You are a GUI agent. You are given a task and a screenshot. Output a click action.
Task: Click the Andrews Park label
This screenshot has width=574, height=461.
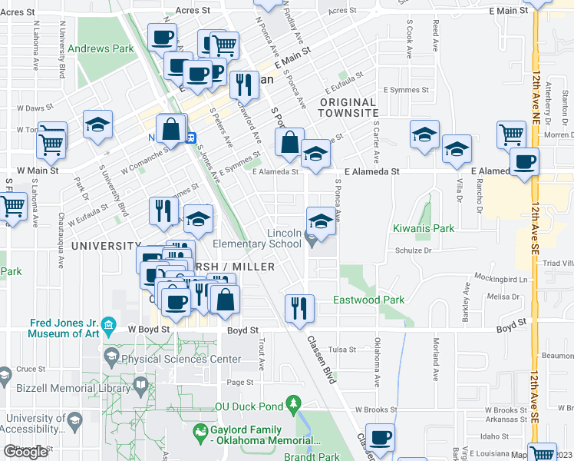[101, 48]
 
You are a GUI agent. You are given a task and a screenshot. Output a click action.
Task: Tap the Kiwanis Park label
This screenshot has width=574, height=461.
[424, 228]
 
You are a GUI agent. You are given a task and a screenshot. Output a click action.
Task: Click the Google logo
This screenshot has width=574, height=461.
[25, 452]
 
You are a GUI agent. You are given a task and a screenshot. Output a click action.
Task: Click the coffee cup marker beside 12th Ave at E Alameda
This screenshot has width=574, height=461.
[524, 162]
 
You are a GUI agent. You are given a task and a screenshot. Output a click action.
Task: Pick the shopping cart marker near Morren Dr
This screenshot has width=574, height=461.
[511, 134]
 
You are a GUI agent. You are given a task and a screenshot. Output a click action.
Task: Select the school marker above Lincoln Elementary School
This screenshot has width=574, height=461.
[321, 221]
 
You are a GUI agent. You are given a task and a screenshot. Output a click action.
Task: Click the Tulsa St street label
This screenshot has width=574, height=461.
[338, 350]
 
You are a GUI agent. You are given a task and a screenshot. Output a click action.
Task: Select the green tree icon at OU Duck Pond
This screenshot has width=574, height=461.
[292, 403]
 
